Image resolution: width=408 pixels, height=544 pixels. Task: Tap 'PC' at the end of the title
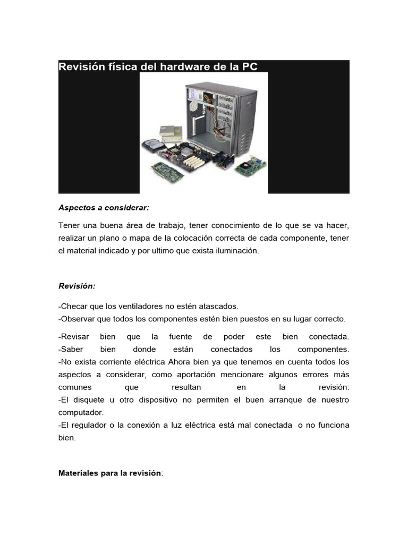[x=250, y=67]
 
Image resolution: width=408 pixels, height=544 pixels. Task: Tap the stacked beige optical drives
[x=171, y=133]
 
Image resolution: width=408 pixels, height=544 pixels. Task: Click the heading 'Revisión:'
[x=77, y=286]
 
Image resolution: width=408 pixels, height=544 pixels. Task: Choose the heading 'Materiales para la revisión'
[x=109, y=473]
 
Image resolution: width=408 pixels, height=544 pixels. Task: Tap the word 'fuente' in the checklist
[x=181, y=337]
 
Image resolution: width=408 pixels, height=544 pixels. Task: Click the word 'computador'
[x=81, y=412]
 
